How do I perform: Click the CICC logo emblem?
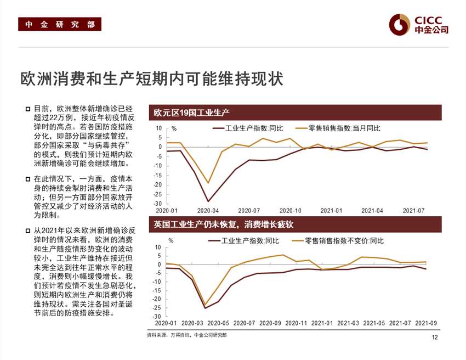[x=400, y=24]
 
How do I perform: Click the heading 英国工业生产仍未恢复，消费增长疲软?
[x=224, y=224]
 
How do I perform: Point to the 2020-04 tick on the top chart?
[x=208, y=210]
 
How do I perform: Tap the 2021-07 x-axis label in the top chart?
[x=414, y=210]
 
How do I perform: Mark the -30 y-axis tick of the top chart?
[x=158, y=204]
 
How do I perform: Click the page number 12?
[x=435, y=337]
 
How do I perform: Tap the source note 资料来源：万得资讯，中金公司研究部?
[x=187, y=334]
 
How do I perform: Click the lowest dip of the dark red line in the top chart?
[x=208, y=201]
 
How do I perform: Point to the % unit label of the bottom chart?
[x=171, y=240]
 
